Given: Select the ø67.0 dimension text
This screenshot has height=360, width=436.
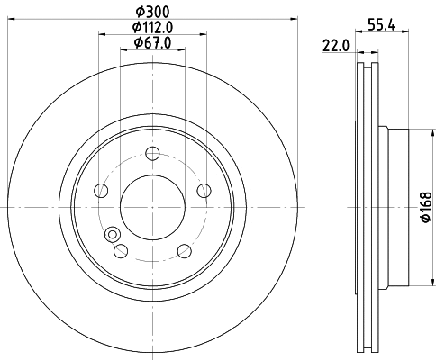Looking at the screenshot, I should click(x=151, y=42).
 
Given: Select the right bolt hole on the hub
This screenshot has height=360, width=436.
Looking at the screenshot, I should click(x=204, y=190).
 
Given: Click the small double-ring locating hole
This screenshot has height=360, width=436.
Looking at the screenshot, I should click(x=114, y=236).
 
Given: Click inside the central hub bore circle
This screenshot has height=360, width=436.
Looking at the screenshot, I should click(x=152, y=206).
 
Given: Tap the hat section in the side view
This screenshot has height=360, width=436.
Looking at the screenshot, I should click(x=396, y=207).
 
